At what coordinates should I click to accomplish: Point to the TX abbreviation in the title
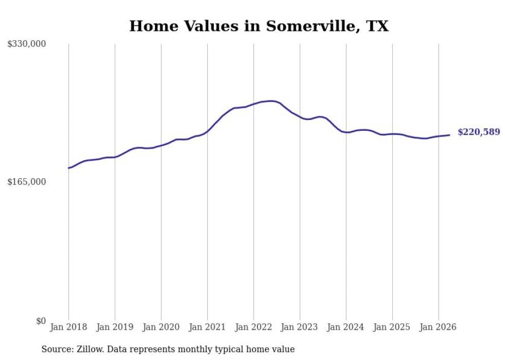click(377, 26)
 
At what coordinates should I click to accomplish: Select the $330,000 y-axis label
click(27, 43)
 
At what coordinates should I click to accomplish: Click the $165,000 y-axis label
click(27, 182)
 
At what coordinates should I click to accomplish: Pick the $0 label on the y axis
click(41, 321)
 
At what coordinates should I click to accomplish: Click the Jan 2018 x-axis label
click(69, 327)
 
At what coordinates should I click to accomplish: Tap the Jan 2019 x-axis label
click(114, 327)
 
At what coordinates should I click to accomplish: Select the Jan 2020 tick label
click(161, 327)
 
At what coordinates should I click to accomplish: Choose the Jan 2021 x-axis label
click(207, 327)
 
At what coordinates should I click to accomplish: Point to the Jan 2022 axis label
click(254, 327)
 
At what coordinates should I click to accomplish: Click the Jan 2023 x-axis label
click(299, 327)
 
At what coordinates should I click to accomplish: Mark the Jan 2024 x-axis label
click(345, 327)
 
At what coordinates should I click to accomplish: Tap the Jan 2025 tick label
click(392, 327)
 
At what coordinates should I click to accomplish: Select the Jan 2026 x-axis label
click(438, 327)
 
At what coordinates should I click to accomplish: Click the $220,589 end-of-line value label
click(479, 132)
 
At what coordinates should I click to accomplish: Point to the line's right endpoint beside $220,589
click(449, 135)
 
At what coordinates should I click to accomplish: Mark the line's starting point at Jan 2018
click(69, 168)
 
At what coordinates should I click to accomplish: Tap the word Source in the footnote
click(57, 349)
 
